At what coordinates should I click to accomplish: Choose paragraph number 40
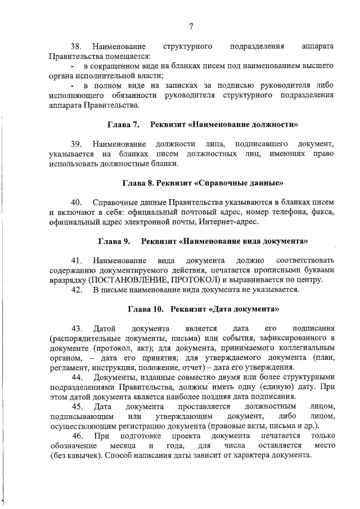(x=76, y=202)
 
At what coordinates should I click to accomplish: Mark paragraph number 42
(x=76, y=290)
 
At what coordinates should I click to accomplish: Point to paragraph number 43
(x=76, y=328)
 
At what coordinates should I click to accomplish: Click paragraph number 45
(x=76, y=407)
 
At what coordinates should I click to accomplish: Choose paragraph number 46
(x=76, y=436)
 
